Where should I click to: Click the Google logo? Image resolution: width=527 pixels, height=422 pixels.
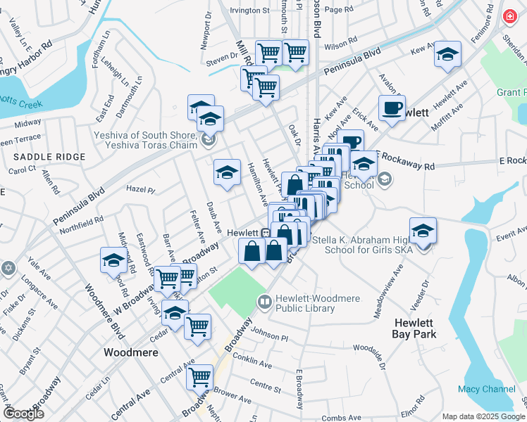pyautogui.click(x=23, y=414)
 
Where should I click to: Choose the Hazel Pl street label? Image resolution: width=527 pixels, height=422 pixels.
pyautogui.click(x=140, y=190)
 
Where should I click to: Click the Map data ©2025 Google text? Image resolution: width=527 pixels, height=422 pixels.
pyautogui.click(x=482, y=416)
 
